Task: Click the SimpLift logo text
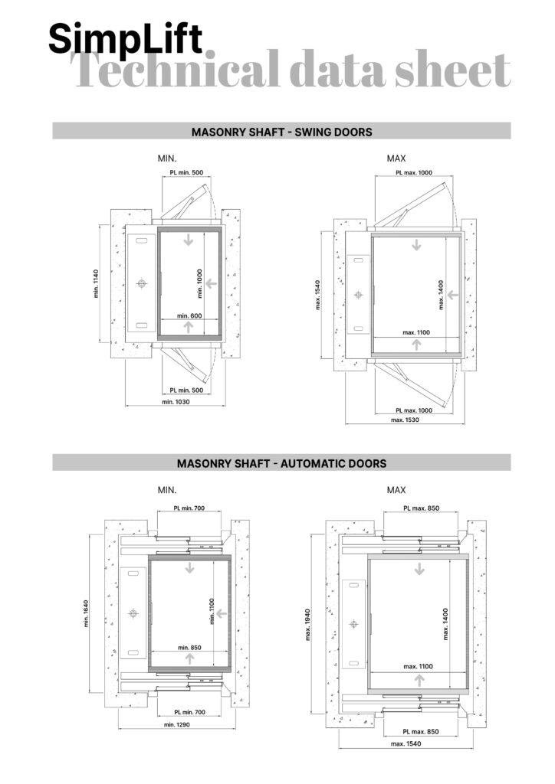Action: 126,39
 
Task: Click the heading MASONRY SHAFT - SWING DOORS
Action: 282,132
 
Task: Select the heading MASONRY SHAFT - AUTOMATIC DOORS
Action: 282,463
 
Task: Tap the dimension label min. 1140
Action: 96,283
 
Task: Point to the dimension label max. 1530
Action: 405,420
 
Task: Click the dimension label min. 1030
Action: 176,401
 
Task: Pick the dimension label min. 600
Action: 189,316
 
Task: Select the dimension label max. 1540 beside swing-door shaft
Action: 318,295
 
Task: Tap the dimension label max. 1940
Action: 307,625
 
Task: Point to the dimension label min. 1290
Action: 176,724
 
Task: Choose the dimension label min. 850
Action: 189,648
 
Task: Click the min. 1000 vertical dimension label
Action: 199,283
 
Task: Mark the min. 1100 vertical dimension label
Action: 212,611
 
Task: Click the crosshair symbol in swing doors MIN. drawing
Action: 142,283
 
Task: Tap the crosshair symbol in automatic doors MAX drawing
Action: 353,623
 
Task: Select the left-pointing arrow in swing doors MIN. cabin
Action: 211,283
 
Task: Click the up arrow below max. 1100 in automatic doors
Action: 419,680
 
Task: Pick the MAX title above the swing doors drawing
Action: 396,158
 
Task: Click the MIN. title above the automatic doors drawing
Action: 167,490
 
